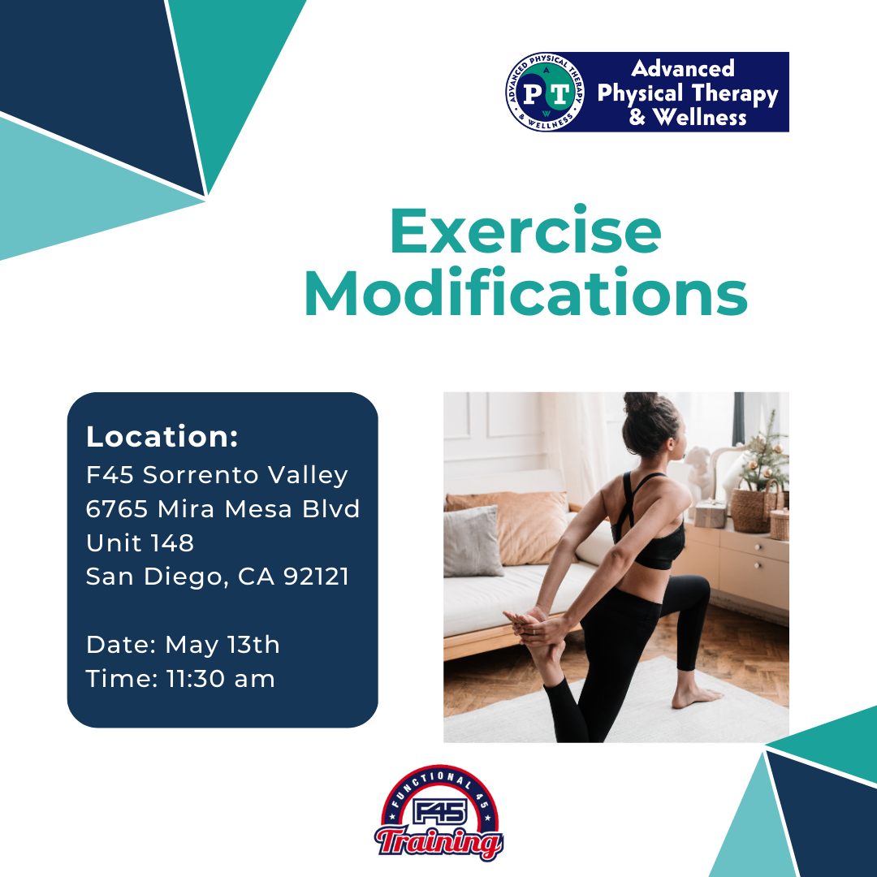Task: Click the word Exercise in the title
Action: point(525,231)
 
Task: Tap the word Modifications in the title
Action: point(525,292)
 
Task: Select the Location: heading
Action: point(162,436)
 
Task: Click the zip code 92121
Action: point(316,576)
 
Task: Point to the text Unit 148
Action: point(140,542)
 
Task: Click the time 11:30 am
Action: point(220,679)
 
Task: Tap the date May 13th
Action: point(222,646)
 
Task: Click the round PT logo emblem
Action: point(546,93)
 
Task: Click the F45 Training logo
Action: point(439,813)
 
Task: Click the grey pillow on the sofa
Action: point(473,542)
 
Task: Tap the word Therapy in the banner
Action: point(735,94)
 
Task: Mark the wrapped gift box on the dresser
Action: point(711,514)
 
